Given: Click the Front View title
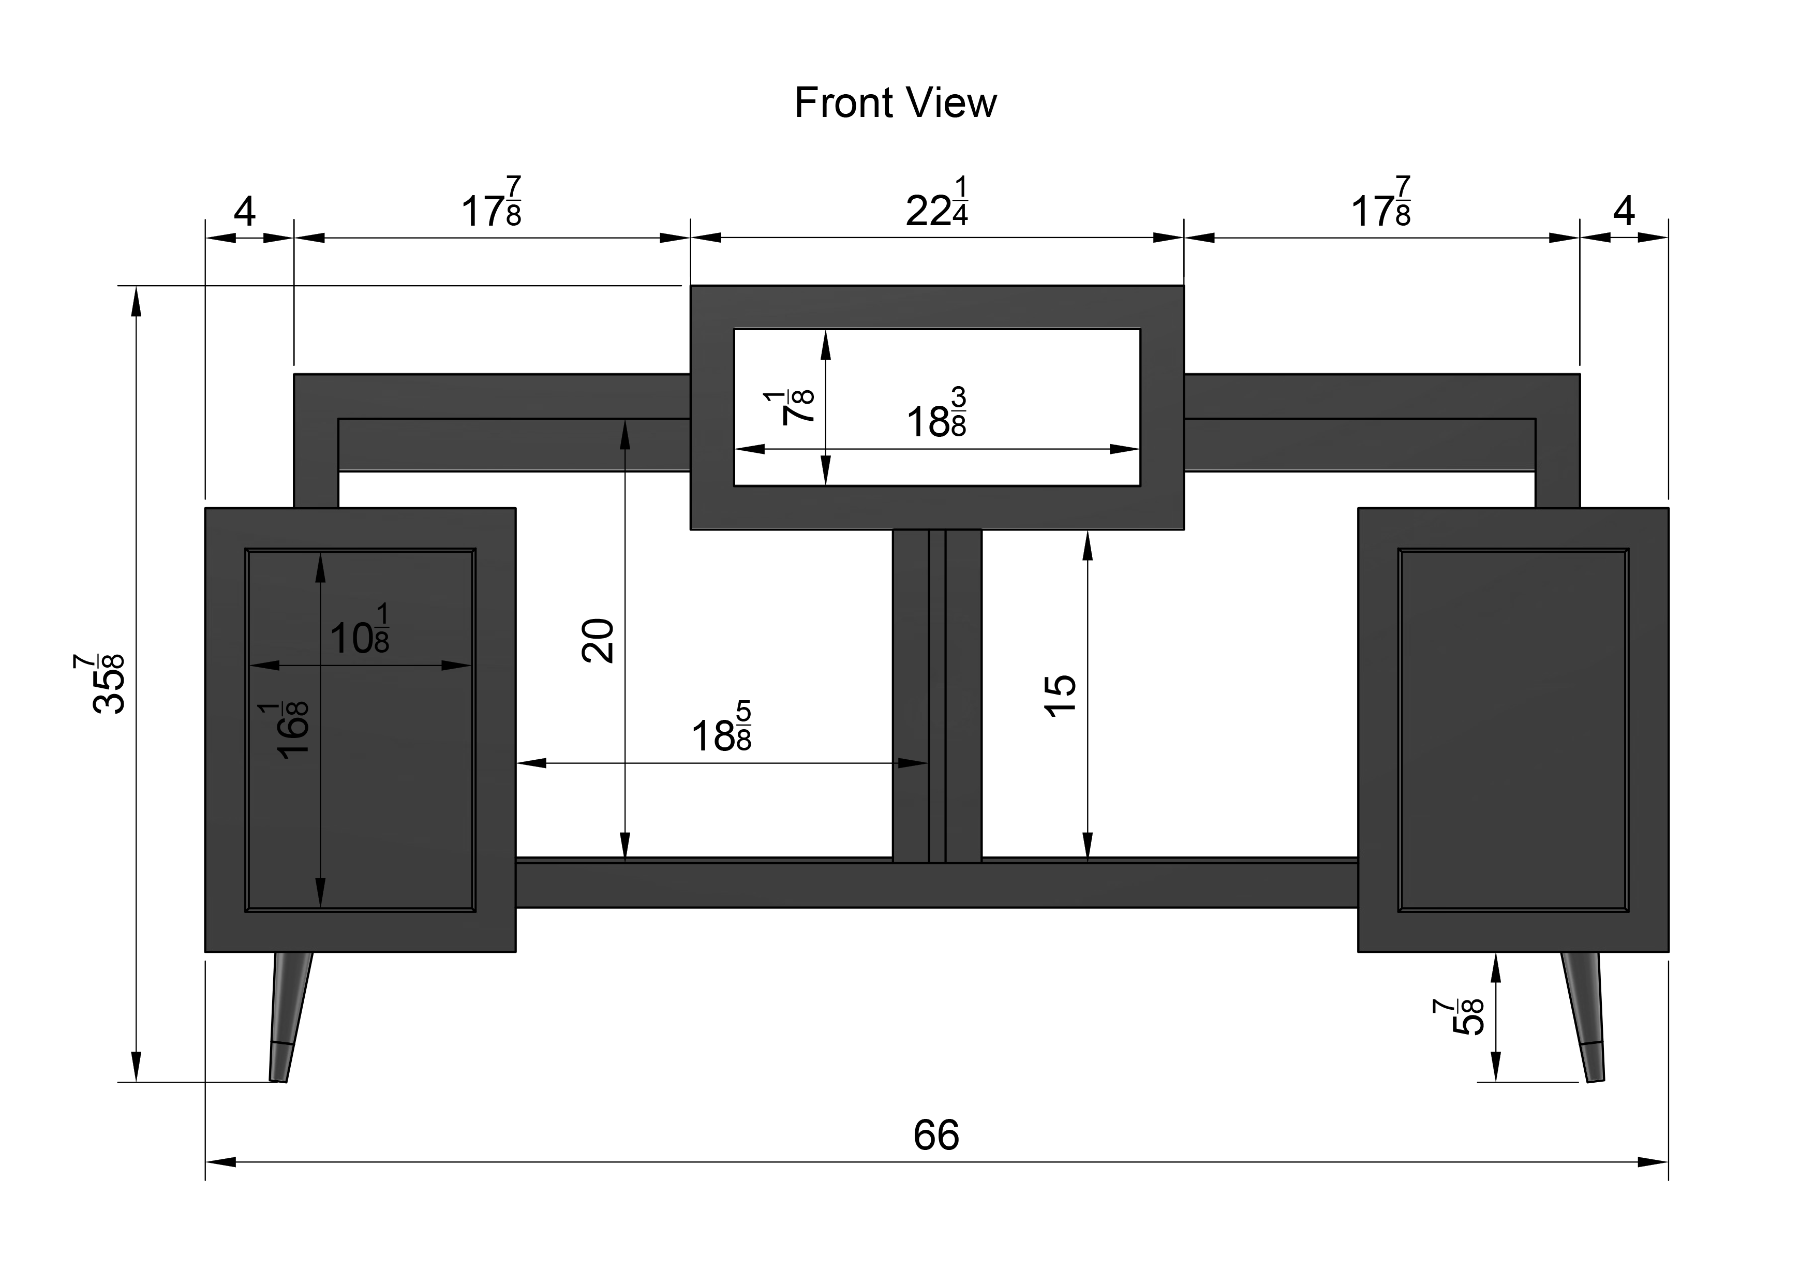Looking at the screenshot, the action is click(895, 103).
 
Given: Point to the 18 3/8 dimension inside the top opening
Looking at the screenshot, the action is click(937, 412).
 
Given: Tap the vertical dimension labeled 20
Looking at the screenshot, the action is click(598, 640).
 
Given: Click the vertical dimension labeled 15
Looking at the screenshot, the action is click(1061, 696).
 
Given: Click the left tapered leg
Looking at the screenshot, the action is click(289, 1016).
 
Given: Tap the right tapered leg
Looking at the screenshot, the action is click(1583, 1016).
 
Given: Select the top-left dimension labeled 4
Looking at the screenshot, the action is click(245, 211).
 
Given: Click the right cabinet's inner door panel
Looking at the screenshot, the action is click(1513, 730).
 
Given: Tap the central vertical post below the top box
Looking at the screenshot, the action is click(937, 695).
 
